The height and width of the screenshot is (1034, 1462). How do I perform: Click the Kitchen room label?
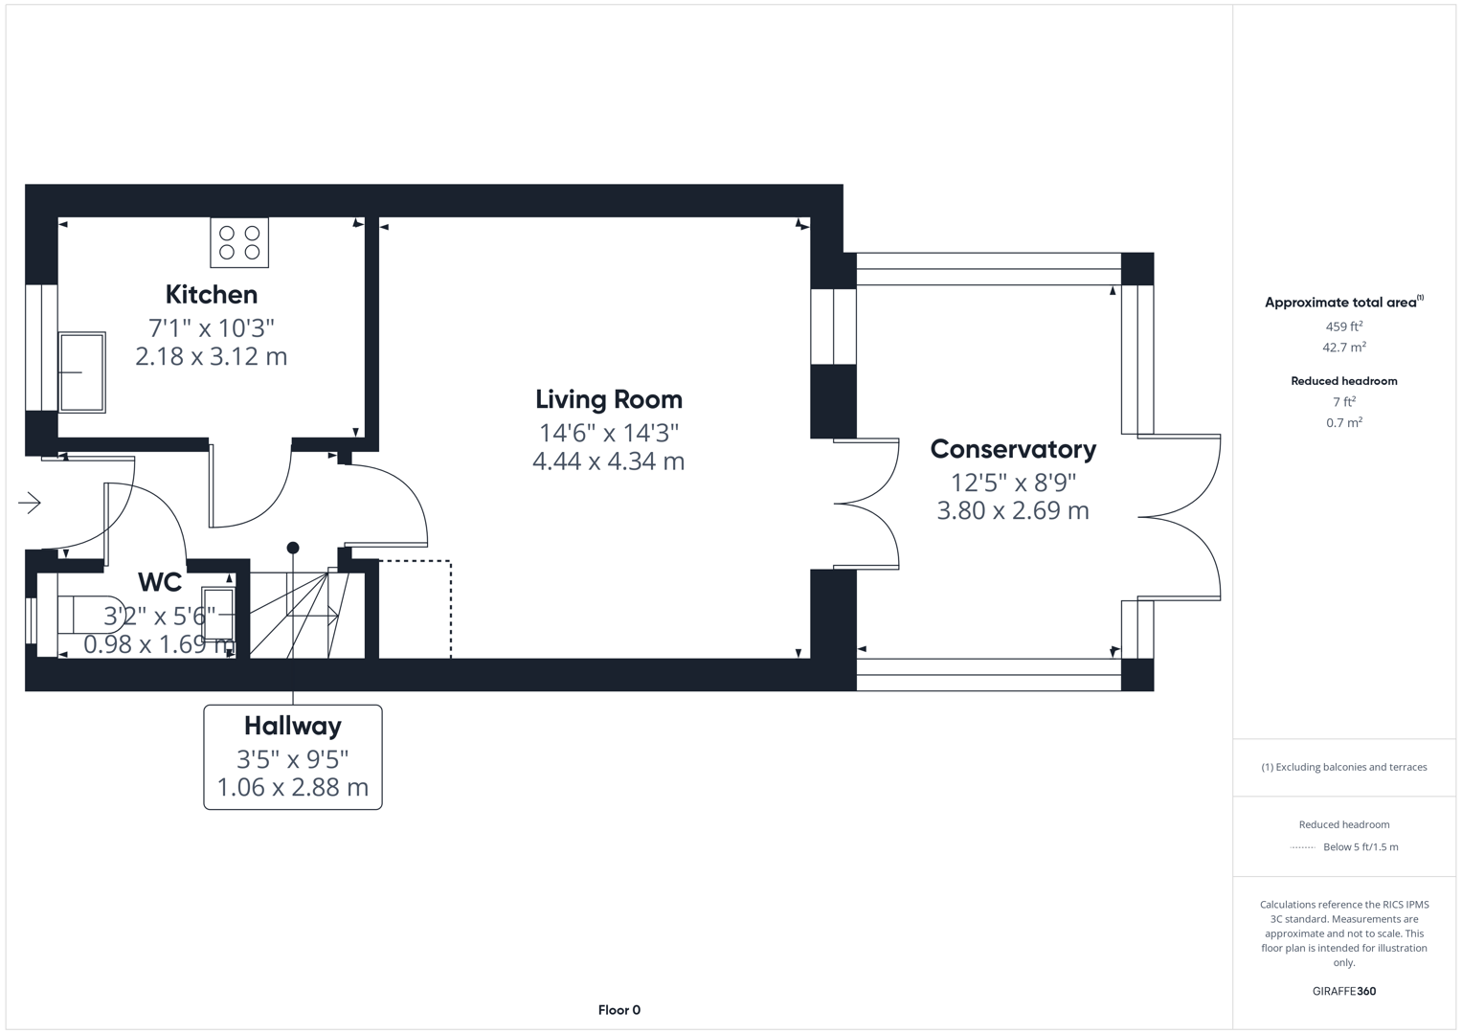[211, 294]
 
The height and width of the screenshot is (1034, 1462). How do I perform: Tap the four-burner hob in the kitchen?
[239, 242]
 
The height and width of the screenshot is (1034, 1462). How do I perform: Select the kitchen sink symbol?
[82, 372]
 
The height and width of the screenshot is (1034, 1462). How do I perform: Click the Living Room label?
[608, 399]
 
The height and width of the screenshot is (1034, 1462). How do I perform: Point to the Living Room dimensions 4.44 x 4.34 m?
[608, 461]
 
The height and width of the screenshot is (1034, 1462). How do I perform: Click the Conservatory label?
[1013, 449]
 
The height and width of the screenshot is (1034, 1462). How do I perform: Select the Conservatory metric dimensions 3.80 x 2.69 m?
[1013, 511]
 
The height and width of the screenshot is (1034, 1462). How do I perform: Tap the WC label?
[160, 582]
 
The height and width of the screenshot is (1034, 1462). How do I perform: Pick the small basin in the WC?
[217, 614]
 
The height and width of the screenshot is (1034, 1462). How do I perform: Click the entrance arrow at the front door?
[30, 503]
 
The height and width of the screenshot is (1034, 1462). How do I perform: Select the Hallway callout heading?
[293, 726]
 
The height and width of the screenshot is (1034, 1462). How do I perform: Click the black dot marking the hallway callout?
[293, 548]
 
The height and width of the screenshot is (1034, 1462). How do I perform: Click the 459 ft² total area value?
[1343, 326]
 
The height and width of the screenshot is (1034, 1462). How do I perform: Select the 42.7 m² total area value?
[1343, 348]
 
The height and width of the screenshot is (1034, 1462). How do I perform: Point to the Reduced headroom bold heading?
[1343, 381]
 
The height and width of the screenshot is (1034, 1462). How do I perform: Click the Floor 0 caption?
[619, 1010]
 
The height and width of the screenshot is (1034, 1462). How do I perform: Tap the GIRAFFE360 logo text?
[1343, 991]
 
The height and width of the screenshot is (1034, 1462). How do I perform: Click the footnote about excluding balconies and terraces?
[1343, 767]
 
